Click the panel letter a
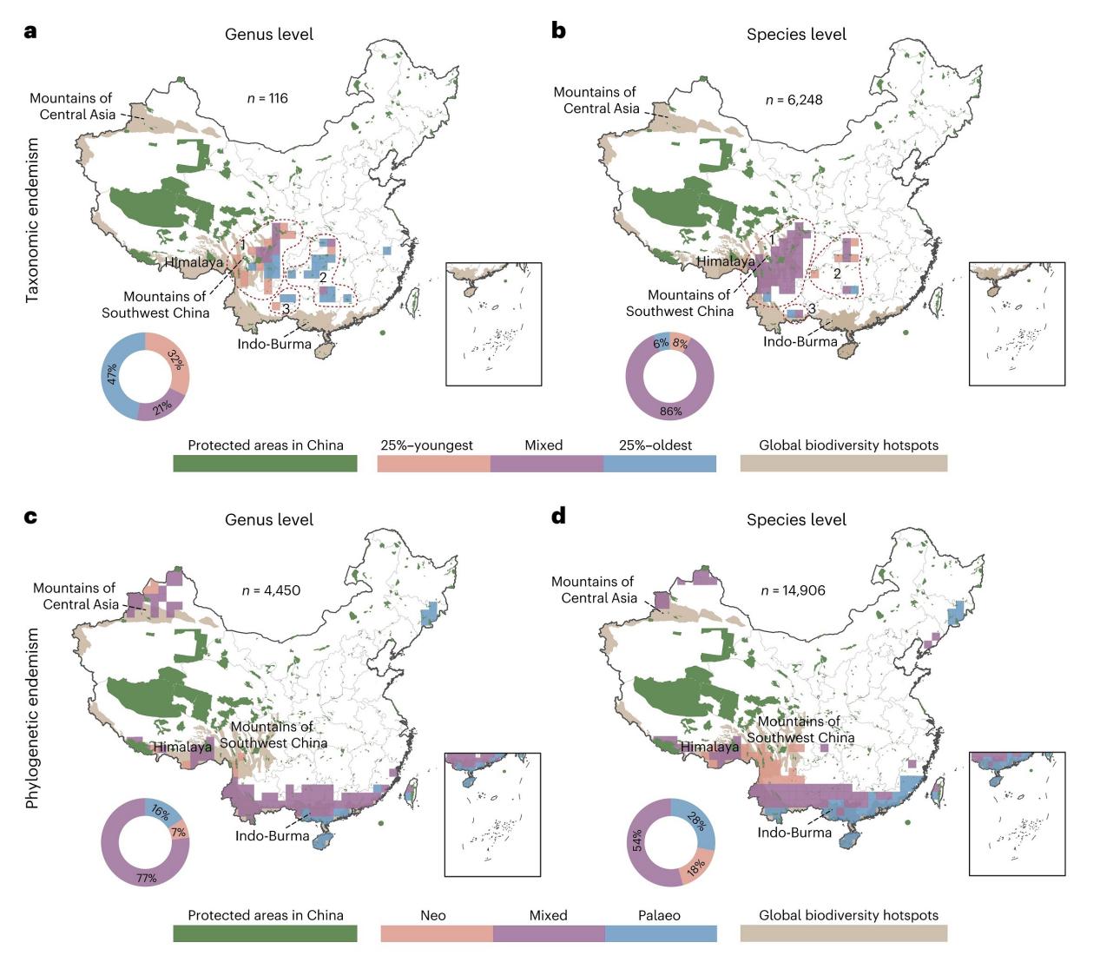point(31,31)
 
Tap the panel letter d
point(559,517)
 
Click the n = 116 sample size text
point(267,98)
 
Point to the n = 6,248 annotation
point(794,100)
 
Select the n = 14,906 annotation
point(793,590)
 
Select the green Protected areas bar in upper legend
point(265,463)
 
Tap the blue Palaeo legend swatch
point(661,933)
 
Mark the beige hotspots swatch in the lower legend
point(843,933)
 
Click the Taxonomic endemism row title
point(33,220)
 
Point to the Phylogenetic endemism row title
point(33,718)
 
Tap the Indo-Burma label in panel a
point(274,344)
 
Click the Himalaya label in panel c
point(182,747)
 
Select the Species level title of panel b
point(796,35)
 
